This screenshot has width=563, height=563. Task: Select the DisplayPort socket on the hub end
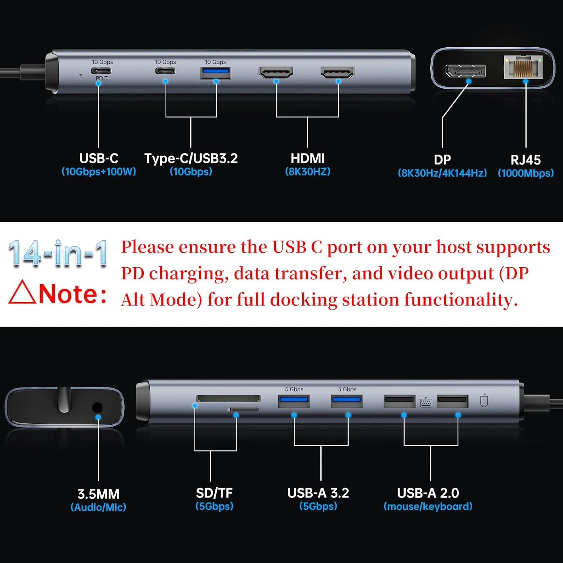(465, 71)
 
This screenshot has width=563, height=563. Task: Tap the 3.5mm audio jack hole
(97, 408)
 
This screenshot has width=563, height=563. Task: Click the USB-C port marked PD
(102, 71)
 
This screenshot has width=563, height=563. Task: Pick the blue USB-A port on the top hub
(215, 72)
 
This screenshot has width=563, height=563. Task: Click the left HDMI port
(276, 72)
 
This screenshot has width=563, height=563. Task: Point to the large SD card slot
(228, 399)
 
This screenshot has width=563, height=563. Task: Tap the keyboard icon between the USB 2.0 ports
(426, 402)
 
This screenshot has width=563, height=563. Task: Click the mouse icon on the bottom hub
(484, 401)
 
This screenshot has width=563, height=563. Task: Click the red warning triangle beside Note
(22, 293)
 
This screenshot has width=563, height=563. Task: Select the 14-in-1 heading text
(58, 254)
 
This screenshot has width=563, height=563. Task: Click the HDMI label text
(307, 158)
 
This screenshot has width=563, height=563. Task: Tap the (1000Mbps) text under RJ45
(525, 173)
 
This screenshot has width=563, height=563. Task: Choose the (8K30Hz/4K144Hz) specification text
(442, 173)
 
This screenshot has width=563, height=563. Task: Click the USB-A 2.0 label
(428, 493)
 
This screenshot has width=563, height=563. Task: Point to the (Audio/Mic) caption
(98, 507)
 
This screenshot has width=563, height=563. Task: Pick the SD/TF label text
(214, 493)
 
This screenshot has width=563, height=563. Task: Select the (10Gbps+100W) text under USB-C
(99, 172)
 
